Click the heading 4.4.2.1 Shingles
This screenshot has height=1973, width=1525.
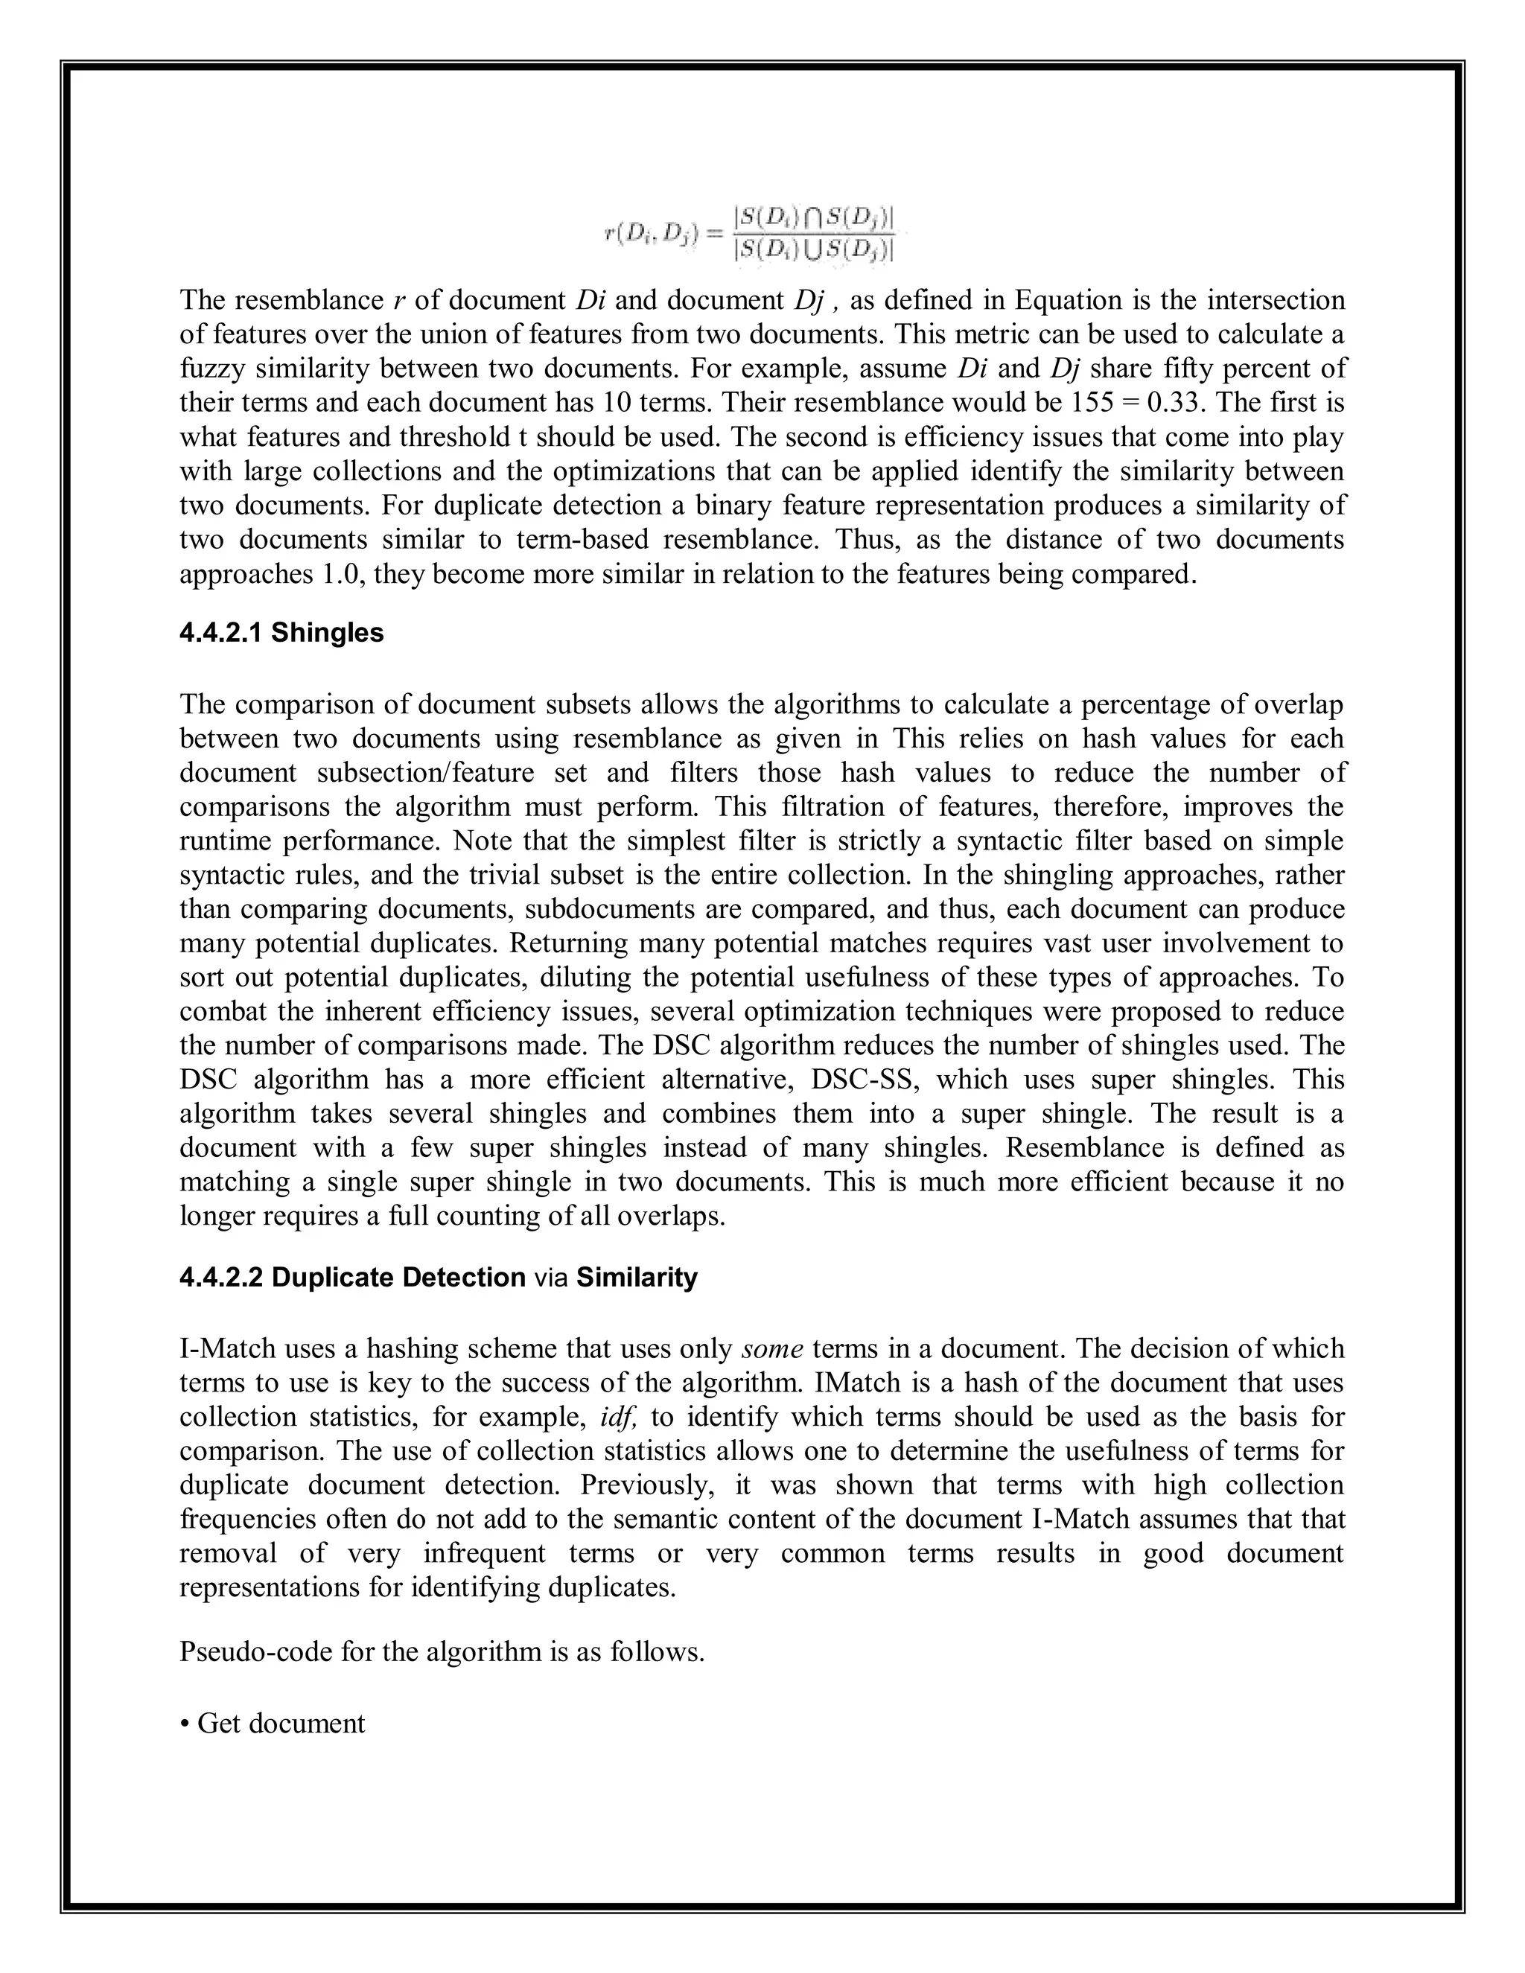pos(281,634)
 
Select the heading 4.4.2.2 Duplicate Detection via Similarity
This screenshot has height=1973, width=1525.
pos(438,1278)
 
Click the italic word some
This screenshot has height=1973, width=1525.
pos(772,1350)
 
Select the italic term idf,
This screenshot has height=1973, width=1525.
pos(619,1418)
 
